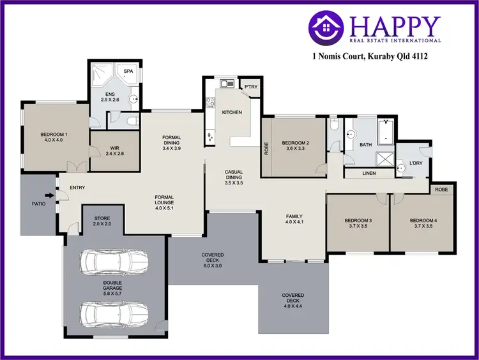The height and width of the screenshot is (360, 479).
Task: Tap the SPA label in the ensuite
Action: (128, 71)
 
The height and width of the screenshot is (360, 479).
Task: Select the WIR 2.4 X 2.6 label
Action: (114, 150)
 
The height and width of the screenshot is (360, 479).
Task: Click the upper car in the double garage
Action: (112, 262)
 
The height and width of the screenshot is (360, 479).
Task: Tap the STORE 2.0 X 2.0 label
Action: (102, 221)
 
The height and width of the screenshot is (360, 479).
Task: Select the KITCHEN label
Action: (232, 112)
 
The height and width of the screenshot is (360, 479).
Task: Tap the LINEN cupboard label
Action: (369, 173)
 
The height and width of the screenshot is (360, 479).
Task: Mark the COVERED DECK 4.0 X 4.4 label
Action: (293, 299)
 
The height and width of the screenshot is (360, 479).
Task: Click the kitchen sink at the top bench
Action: (225, 84)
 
